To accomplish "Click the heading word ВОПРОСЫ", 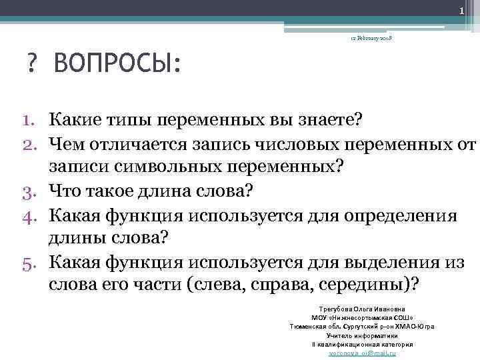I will click(x=118, y=65).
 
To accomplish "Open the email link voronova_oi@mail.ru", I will click(x=363, y=353).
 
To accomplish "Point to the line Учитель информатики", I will click(x=363, y=335).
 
